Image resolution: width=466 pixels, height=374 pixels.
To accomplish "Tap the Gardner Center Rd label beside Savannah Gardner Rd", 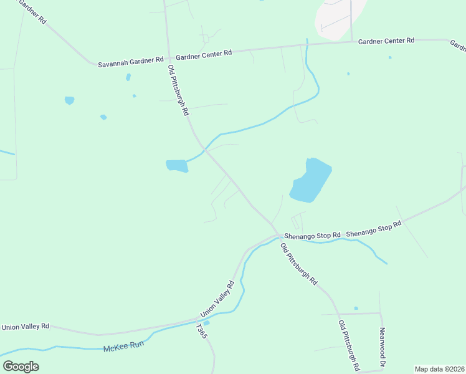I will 204,54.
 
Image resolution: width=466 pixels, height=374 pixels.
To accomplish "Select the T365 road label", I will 201,331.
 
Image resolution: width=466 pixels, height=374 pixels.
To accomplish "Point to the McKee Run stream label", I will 123,345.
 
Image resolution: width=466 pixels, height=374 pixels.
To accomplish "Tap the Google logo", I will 21,367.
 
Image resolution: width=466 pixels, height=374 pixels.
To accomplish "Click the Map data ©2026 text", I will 439,369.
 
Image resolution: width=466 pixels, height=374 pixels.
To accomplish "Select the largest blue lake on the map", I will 311,181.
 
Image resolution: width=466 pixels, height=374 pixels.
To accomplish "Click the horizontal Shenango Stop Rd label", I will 312,236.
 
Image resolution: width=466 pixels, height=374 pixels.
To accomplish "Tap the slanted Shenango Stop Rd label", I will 374,227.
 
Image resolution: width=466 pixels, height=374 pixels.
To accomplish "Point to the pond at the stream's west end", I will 177,166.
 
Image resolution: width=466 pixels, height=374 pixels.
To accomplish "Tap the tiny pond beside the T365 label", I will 206,323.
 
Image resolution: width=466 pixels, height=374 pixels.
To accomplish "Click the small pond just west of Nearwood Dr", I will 356,308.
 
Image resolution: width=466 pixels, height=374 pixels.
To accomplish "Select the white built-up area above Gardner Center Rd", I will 340,17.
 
